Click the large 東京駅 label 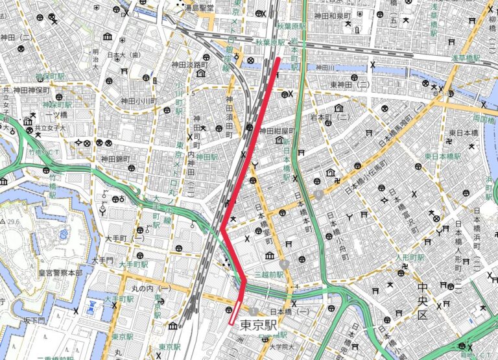pos(259,324)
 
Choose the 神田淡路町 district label pos(189,65)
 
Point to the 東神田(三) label pos(350,85)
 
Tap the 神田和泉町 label pos(333,16)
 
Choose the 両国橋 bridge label pos(484,119)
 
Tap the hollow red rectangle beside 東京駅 pos(235,312)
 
